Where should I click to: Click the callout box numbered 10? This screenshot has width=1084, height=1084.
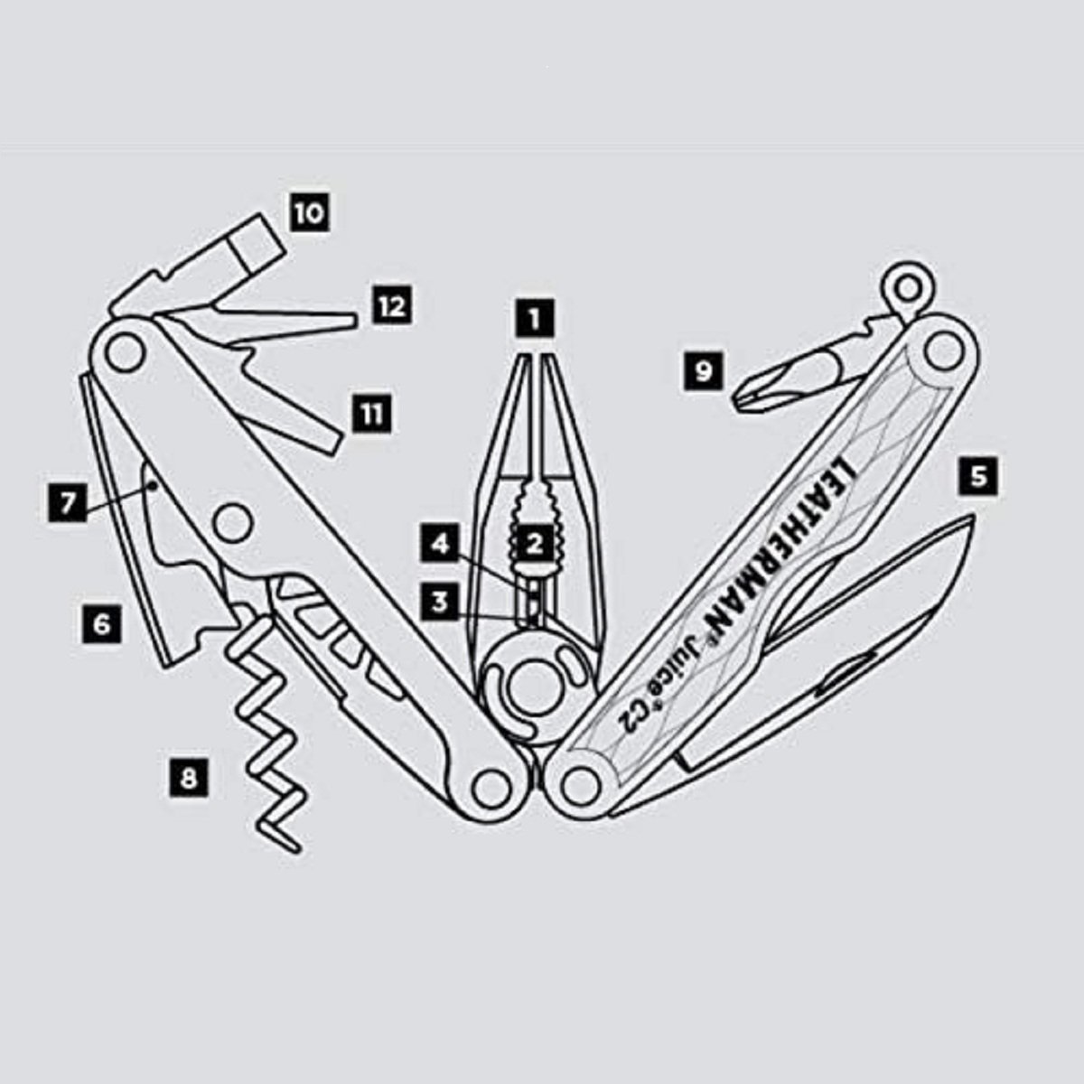pos(310,213)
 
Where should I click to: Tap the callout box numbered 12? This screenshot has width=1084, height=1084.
pos(392,306)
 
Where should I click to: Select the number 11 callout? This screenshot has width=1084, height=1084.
pos(372,414)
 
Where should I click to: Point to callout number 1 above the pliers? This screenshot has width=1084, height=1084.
pos(535,319)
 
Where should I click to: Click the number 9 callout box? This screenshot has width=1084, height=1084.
pos(703,370)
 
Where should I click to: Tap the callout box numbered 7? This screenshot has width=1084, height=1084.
pos(67,502)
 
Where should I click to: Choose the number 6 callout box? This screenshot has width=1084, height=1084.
pos(101,624)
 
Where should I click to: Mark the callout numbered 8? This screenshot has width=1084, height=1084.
pos(189,778)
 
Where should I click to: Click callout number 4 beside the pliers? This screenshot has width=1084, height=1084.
pos(441,543)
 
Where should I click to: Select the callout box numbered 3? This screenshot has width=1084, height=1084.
pos(441,603)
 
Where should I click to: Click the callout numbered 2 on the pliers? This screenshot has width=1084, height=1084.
pos(535,543)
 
